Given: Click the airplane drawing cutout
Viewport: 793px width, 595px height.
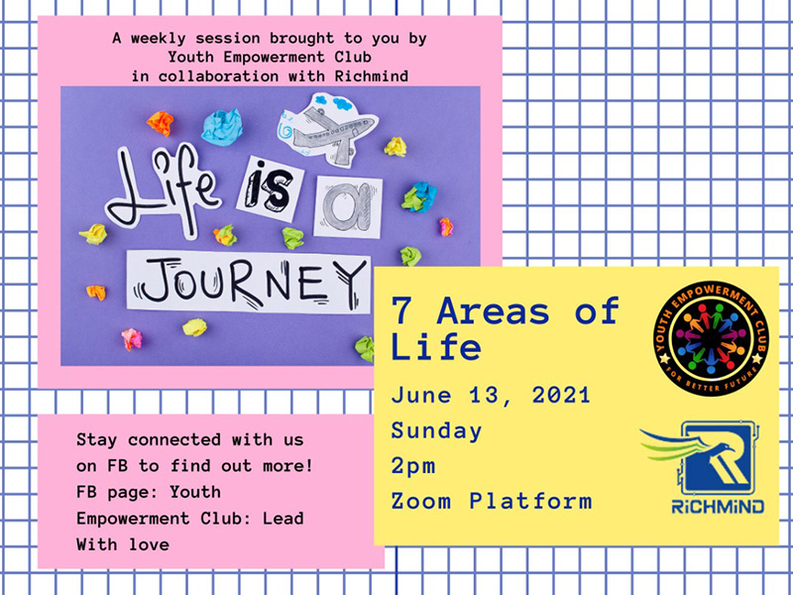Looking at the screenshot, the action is pos(328,129).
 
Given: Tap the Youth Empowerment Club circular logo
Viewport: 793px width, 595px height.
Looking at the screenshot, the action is pos(711,338).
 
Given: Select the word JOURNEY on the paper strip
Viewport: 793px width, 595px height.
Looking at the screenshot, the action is pos(249,282).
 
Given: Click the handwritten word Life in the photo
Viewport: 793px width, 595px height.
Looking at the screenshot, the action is pos(163,190).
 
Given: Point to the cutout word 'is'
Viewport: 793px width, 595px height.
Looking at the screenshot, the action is pos(270,189).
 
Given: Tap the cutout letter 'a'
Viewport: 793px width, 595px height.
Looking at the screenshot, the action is pos(348,206).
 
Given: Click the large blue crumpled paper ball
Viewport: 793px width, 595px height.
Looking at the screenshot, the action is pos(222,127).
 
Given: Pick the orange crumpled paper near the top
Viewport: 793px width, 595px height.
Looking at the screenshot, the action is pos(161,123).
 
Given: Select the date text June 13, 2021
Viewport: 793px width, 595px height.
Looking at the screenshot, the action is pos(491,395).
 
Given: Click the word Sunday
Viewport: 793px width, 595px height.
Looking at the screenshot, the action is pos(436,431).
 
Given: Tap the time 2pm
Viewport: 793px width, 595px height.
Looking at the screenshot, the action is pos(413,466).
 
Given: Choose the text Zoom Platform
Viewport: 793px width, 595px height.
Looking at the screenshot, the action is pos(491,501).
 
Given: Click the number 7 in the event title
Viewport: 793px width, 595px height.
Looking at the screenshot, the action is pos(401,310).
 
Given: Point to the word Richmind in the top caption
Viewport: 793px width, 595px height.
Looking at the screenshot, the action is pos(371,76).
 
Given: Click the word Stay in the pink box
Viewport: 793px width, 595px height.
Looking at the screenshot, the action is pos(96,439).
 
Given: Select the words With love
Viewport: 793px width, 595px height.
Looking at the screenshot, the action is pos(123,544).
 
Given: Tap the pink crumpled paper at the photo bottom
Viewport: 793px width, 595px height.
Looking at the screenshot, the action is pos(132,338).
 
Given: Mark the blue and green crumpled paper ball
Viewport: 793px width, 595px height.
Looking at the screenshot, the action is pos(419,196).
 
